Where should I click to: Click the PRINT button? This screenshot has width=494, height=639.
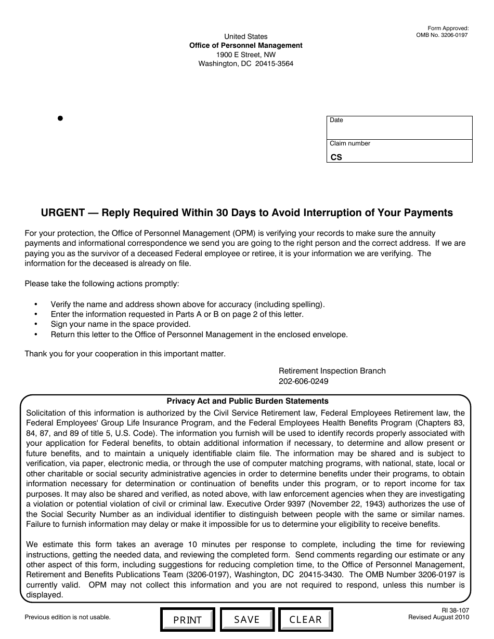(187, 620)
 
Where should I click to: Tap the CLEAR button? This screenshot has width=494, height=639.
(305, 619)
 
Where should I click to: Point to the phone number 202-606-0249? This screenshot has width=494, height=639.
(303, 381)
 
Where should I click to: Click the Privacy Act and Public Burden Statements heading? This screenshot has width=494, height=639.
(248, 401)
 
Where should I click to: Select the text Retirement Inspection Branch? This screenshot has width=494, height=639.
(332, 371)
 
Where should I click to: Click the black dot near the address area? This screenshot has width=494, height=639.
(60, 118)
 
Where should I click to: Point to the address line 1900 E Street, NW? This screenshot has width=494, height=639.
(246, 55)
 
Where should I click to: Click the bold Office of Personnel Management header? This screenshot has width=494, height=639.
(245, 46)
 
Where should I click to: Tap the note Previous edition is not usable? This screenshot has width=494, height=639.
(68, 617)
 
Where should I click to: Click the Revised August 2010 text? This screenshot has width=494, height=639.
(438, 617)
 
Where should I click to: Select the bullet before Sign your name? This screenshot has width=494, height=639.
(36, 324)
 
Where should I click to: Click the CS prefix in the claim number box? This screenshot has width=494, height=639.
(336, 157)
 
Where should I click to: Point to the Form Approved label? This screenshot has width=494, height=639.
(448, 29)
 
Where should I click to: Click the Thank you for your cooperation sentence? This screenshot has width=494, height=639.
(125, 354)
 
